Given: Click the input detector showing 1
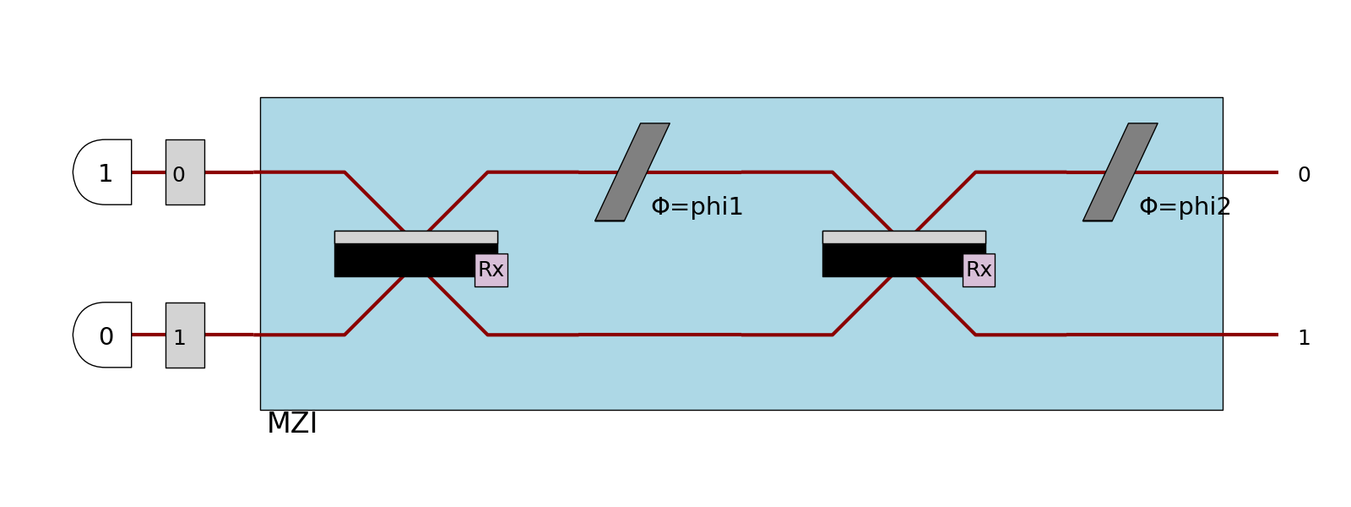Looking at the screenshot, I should point(104,172).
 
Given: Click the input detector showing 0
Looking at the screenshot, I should point(104,335).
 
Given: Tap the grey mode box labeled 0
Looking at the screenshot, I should point(185,172).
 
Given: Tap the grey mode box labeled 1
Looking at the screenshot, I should point(185,335).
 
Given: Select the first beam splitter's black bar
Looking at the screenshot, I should point(404,260).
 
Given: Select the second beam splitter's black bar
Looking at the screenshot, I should point(892,260).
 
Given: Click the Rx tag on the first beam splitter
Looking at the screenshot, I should point(491,270).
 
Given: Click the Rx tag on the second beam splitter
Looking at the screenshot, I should point(979,270).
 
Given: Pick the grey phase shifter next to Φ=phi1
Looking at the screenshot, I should point(632,172).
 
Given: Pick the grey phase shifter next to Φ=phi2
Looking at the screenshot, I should point(1120,172).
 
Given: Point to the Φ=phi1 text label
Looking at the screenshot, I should point(697,207).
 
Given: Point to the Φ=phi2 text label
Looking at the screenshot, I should point(1185,207).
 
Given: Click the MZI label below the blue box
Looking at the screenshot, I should point(292,423).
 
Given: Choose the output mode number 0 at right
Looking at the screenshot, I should point(1304,175).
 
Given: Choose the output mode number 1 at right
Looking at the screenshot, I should point(1304,338).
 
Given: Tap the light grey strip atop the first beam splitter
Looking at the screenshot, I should point(415,237).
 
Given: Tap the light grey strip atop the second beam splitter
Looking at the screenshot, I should point(903,237).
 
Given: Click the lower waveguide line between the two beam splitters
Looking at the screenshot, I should point(659,335).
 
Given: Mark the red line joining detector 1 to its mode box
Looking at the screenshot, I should point(149,172).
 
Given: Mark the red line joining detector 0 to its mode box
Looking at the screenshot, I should point(149,335).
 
